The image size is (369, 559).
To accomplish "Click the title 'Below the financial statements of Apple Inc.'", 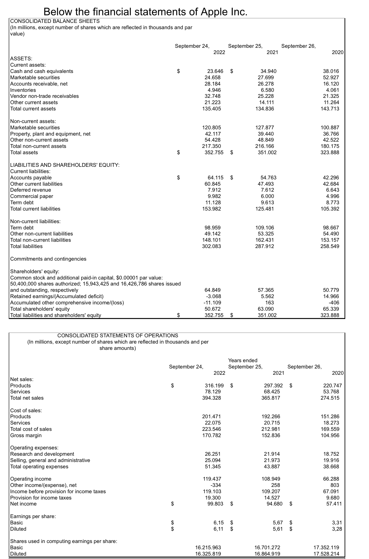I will pos(145,12).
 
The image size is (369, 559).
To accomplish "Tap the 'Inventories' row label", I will pos(23,90).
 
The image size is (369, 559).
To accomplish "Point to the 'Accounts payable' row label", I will pos(31,178).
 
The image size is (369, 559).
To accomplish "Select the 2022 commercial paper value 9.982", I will pos(214,196).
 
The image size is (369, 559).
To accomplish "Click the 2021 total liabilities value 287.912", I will pos(264,246).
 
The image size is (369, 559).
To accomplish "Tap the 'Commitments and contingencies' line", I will pos(48,259).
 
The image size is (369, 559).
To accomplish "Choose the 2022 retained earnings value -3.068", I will pos(213,296).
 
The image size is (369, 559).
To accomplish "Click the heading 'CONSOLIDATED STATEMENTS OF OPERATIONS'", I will pos(118,335).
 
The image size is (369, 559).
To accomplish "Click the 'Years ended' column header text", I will pos(243,360).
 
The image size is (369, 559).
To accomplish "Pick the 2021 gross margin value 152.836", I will pos(271,435).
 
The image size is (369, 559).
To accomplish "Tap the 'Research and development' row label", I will pos(42,454).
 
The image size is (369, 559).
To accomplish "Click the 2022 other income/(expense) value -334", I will pos(216,485).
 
